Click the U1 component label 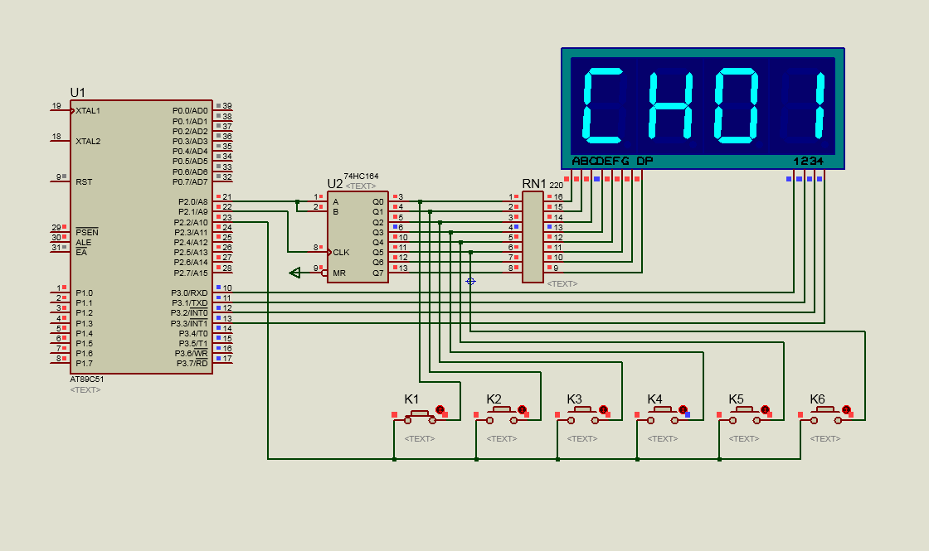(x=77, y=92)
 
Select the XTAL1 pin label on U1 (x=88, y=110)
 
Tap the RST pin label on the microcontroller (x=84, y=181)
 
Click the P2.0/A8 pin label (x=192, y=201)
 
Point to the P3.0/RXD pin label (x=190, y=292)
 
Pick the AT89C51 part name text (x=86, y=379)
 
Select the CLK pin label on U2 (x=341, y=252)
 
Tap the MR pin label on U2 (x=338, y=273)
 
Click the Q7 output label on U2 (x=378, y=273)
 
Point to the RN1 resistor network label (x=533, y=183)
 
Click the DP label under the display (x=644, y=161)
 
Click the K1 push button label (x=411, y=399)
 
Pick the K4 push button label (x=654, y=399)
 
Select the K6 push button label (x=817, y=399)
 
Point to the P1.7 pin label (x=85, y=363)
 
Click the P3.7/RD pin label (x=191, y=363)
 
